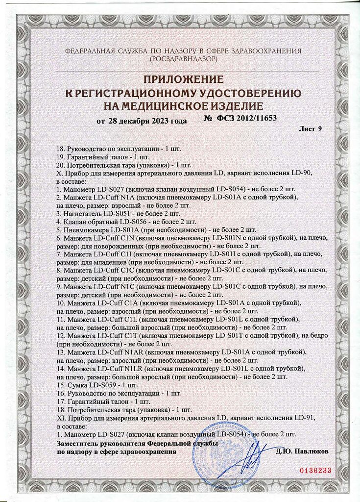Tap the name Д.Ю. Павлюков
coord(302,451)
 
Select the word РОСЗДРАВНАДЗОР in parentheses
coord(183,59)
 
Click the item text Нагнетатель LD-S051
coord(96,213)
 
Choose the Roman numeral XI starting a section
coord(61,418)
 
